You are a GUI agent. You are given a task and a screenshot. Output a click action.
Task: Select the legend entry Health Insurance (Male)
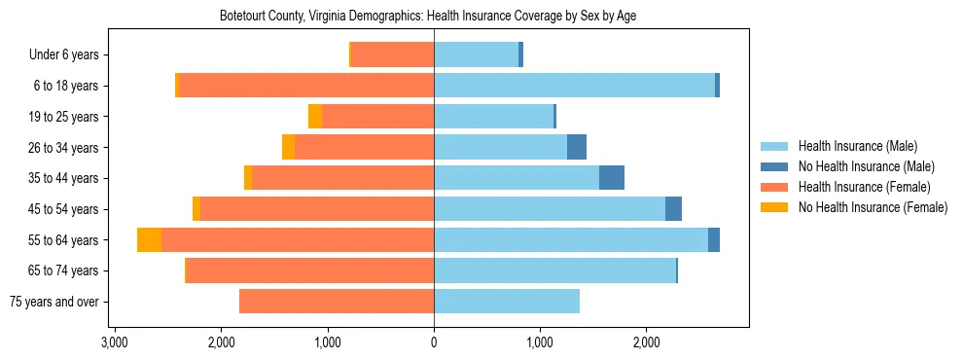point(857,146)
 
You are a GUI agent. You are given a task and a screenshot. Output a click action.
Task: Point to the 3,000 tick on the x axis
point(115,343)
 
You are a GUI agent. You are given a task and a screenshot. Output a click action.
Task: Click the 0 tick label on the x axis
point(434,343)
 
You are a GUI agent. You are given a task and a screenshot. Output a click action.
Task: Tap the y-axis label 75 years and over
point(53,302)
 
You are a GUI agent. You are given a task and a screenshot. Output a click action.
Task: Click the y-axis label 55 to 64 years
point(64,240)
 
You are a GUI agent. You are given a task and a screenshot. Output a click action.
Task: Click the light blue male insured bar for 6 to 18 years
point(574,86)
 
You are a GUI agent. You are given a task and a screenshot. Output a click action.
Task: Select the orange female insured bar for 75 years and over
point(337,302)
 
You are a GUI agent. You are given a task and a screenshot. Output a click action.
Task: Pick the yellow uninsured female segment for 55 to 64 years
point(150,240)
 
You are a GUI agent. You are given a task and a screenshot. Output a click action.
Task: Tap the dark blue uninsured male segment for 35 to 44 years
point(612,178)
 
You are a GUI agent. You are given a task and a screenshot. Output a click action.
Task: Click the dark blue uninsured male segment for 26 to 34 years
point(577,147)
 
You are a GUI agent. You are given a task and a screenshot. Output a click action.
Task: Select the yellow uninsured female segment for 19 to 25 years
point(315,117)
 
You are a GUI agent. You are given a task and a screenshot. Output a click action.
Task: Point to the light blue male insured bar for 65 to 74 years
point(554,270)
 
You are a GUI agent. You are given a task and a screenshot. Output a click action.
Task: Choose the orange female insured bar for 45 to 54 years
point(317,209)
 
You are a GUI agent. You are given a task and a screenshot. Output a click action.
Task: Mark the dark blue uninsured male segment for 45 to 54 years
point(673,209)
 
